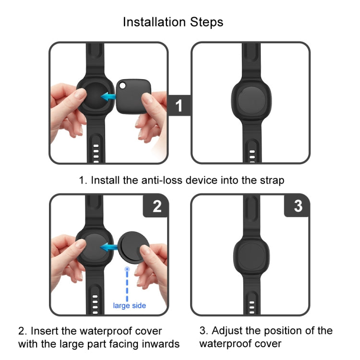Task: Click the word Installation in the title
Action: point(154,22)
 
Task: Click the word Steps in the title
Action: point(206,22)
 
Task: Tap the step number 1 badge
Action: point(179,106)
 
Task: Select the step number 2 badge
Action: point(156,206)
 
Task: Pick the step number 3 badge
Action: point(298,206)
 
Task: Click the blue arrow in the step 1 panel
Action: point(108,96)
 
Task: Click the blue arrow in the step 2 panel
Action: point(109,248)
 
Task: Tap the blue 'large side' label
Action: point(130,306)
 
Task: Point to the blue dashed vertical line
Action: point(127,284)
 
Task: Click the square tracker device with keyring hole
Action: point(133,96)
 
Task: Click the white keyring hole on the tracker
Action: point(122,85)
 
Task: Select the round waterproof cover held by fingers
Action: point(133,248)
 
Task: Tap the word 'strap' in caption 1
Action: point(272,180)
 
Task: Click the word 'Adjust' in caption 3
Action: point(227,331)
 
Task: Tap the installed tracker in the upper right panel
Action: point(252,100)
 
